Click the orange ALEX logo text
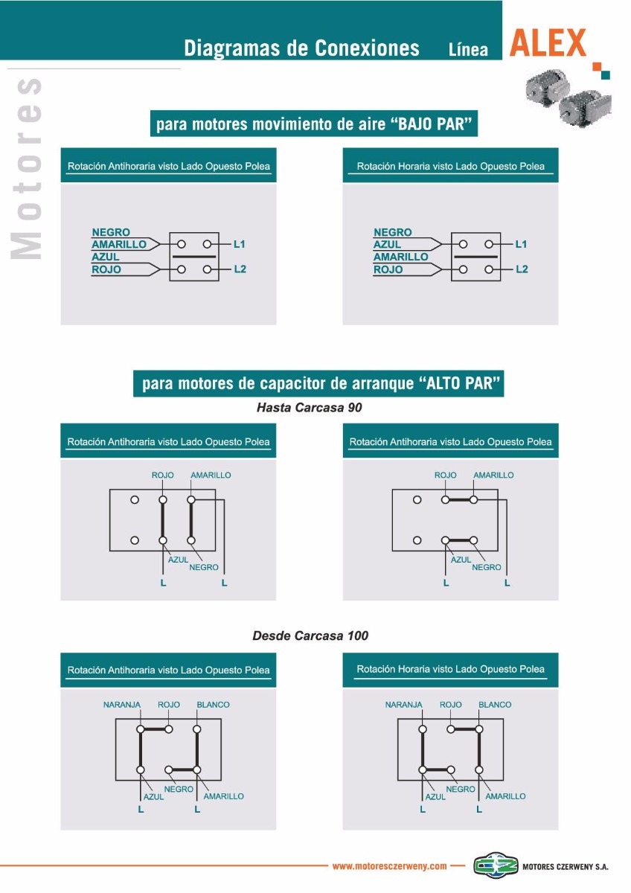click(548, 44)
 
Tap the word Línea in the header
click(468, 50)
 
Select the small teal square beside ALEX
click(606, 74)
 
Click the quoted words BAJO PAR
click(432, 124)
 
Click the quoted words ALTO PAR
click(461, 384)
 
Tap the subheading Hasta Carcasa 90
click(309, 408)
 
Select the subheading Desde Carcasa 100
click(310, 636)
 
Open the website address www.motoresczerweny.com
click(389, 866)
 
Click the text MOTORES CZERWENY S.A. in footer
click(566, 867)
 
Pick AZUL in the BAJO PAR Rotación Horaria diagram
click(387, 244)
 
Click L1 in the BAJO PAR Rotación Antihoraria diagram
click(240, 244)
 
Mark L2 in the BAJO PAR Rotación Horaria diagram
click(522, 269)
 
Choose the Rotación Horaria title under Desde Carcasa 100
click(450, 669)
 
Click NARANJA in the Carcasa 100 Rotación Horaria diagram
click(403, 705)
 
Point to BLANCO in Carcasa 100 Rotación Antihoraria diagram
click(213, 705)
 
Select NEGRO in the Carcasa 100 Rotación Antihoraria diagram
click(179, 789)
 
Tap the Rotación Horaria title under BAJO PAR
click(450, 167)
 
